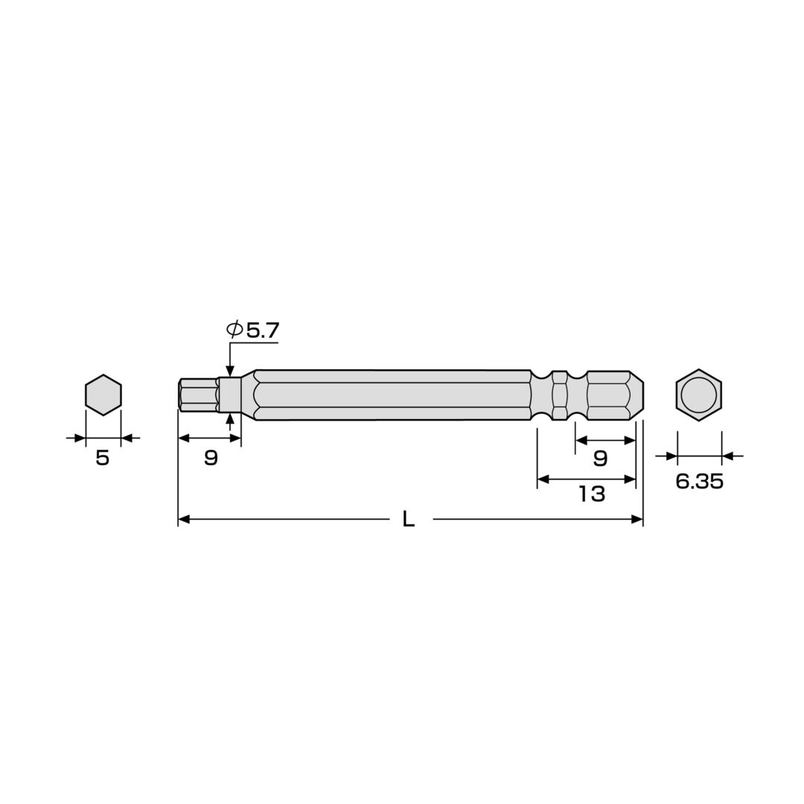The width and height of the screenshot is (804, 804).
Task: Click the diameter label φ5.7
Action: [253, 331]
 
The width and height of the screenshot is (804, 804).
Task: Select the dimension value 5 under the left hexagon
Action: [103, 458]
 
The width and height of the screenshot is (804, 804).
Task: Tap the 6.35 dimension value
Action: [699, 481]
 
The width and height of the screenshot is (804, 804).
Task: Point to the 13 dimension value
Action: [593, 494]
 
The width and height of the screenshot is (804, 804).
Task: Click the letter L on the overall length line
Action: [408, 520]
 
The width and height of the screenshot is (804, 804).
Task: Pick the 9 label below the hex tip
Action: [211, 457]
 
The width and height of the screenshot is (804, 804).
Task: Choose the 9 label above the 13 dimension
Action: [600, 458]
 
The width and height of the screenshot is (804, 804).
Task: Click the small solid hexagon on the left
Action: [103, 395]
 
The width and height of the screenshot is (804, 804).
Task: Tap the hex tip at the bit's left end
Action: [198, 395]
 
